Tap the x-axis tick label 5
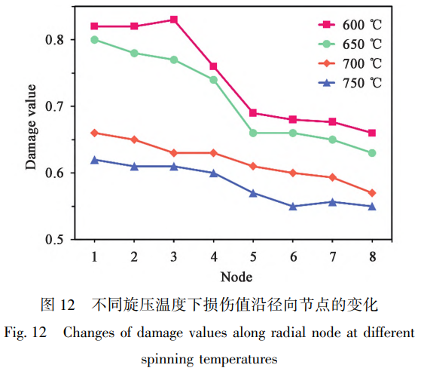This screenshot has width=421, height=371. [253, 256]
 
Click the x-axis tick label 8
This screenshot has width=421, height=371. [372, 256]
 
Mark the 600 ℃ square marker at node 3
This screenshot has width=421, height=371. [174, 20]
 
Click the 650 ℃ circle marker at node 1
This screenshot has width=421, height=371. [94, 39]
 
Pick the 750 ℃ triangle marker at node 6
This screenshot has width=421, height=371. [293, 206]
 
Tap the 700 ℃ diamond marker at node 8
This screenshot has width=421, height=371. [372, 193]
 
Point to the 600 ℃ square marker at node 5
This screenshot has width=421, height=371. [253, 113]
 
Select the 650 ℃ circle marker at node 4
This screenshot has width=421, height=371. [214, 80]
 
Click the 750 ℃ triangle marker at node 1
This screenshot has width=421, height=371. [94, 160]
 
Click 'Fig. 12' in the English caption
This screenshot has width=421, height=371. [24, 333]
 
